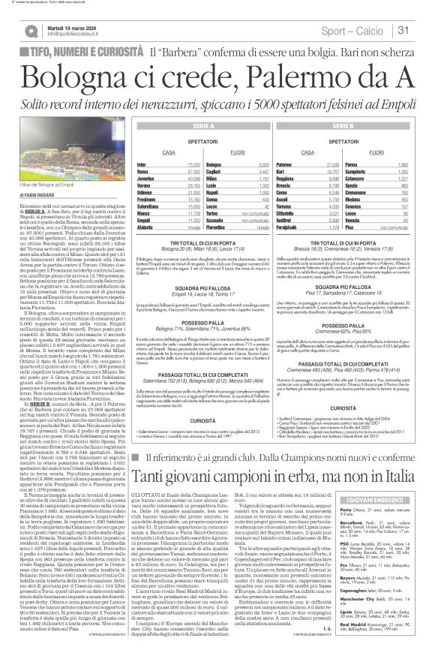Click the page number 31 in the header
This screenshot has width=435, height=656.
click(403, 30)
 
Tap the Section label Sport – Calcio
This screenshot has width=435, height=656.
click(361, 30)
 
